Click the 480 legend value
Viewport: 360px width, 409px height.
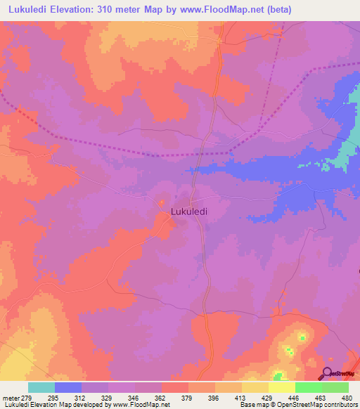pyautogui.click(x=347, y=398)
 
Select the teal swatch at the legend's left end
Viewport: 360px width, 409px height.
pyautogui.click(x=41, y=387)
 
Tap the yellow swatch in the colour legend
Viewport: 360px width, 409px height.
pyautogui.click(x=281, y=387)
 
